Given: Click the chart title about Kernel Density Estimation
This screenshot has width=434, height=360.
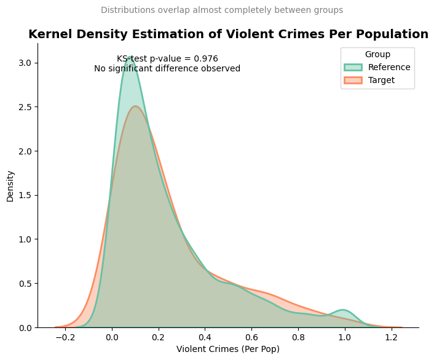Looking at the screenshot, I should pyautogui.click(x=228, y=34).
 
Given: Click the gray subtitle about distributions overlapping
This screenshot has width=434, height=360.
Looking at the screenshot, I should pyautogui.click(x=222, y=10).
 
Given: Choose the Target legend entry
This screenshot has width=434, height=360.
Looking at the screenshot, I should pyautogui.click(x=381, y=80).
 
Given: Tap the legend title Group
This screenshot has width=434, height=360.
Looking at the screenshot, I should pyautogui.click(x=377, y=54).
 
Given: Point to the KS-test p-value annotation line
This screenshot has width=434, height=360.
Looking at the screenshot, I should pyautogui.click(x=167, y=58).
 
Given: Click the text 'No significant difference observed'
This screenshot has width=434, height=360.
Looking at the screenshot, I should pyautogui.click(x=167, y=68).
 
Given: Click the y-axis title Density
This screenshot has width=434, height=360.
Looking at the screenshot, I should pyautogui.click(x=10, y=186).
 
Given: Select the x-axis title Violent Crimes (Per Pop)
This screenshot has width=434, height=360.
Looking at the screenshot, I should pyautogui.click(x=228, y=349).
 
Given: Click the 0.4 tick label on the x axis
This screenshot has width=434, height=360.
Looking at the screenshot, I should pyautogui.click(x=205, y=337).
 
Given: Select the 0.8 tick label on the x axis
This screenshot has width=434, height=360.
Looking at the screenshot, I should pyautogui.click(x=298, y=337).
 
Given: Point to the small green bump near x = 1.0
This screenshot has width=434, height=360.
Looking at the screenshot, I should pyautogui.click(x=343, y=310).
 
